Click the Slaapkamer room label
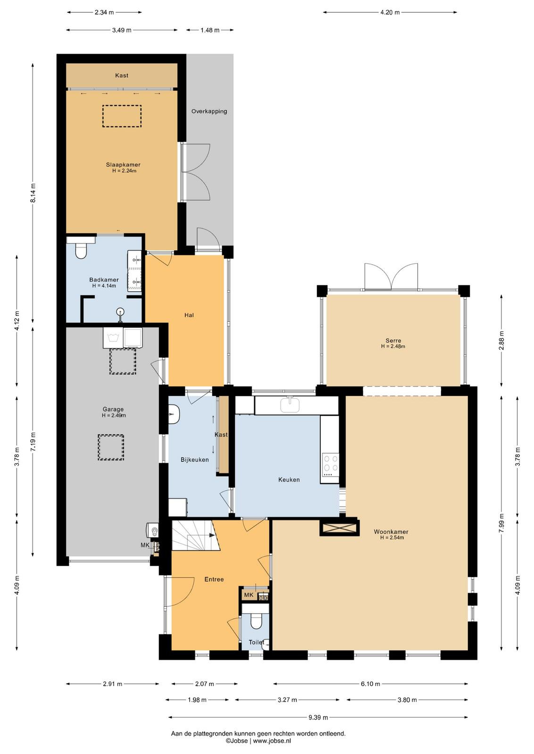(x=123, y=164)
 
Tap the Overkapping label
(x=209, y=111)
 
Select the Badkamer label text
(x=104, y=280)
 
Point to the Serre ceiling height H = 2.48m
(x=393, y=346)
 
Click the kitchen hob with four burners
(x=331, y=465)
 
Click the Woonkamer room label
(x=391, y=532)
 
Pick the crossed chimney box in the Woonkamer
(x=339, y=528)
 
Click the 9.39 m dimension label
(x=318, y=717)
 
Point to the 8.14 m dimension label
(x=33, y=193)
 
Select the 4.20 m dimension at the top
(x=390, y=12)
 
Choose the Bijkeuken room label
(x=194, y=459)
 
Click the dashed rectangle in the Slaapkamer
(x=122, y=116)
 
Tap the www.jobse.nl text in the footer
(x=272, y=740)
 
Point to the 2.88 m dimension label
(x=501, y=340)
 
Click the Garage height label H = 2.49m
(x=114, y=415)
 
